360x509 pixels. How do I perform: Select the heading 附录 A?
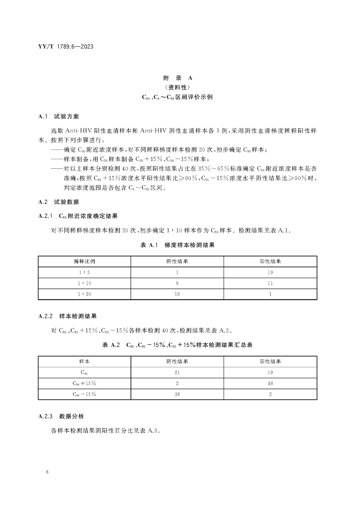click(x=178, y=78)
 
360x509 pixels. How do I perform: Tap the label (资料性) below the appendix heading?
click(x=178, y=87)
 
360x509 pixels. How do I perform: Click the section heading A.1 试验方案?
click(x=59, y=117)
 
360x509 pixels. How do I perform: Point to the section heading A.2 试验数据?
click(x=59, y=202)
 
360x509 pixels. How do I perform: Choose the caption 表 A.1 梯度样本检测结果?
click(x=178, y=245)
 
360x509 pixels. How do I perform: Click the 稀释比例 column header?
click(x=84, y=261)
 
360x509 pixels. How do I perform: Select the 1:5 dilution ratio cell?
click(x=84, y=272)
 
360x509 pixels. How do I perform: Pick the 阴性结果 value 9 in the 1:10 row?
click(x=177, y=283)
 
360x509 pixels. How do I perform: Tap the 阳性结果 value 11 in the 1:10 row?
click(x=270, y=283)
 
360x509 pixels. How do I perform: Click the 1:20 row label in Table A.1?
click(x=84, y=294)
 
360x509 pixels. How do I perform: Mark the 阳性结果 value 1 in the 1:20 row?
click(x=270, y=294)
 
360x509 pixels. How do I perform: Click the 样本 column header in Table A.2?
click(x=84, y=361)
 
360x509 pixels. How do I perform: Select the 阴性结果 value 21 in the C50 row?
click(x=177, y=372)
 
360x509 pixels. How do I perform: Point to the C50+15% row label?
click(x=84, y=383)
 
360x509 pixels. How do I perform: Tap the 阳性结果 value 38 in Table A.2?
click(x=270, y=383)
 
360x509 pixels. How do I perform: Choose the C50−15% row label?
click(x=84, y=394)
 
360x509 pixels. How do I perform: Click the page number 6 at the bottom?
click(x=47, y=472)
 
